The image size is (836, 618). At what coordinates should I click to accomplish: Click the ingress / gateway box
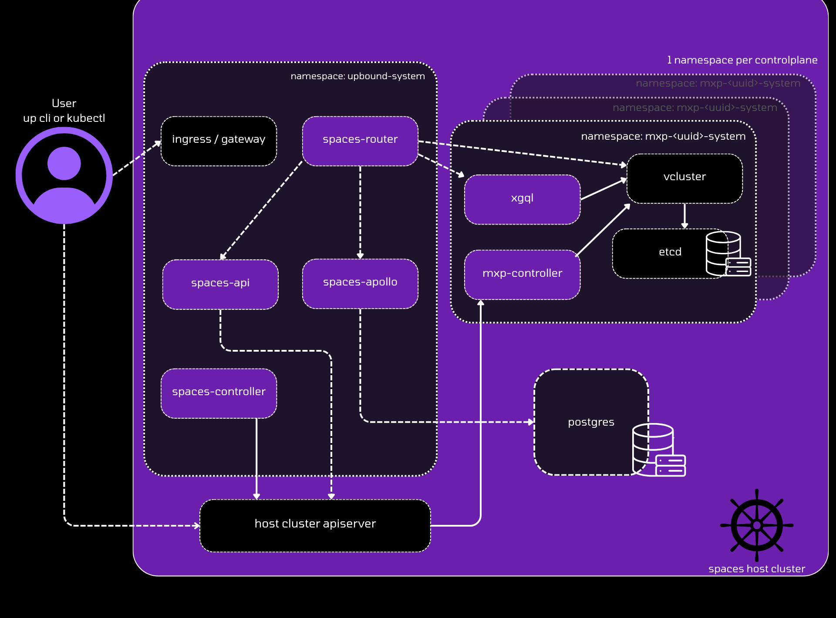[219, 141]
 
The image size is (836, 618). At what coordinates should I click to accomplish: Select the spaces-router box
[360, 141]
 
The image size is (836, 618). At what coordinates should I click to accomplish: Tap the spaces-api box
[220, 284]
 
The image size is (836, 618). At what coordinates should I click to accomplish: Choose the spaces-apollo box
[360, 283]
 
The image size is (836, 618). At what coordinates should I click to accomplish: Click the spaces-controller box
[219, 393]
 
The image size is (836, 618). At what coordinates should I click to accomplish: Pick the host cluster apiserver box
[315, 525]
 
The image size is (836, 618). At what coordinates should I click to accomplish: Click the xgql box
[522, 199]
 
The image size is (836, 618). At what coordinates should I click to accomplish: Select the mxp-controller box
[522, 274]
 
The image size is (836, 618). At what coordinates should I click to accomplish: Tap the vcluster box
[684, 178]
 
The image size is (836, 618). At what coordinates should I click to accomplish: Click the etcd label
[670, 252]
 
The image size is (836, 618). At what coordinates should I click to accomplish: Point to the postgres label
[591, 422]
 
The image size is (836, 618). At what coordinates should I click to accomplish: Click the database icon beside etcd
[726, 254]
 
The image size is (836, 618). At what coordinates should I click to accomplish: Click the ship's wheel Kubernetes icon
[757, 525]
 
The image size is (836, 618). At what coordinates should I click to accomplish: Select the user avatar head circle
[64, 163]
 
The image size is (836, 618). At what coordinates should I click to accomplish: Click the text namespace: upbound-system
[357, 76]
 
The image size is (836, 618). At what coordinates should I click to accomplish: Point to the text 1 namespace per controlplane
[742, 60]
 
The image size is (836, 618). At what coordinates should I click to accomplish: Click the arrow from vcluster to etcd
[684, 215]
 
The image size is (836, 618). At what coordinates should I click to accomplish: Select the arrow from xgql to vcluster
[603, 189]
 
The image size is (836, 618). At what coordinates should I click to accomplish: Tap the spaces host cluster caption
[757, 569]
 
